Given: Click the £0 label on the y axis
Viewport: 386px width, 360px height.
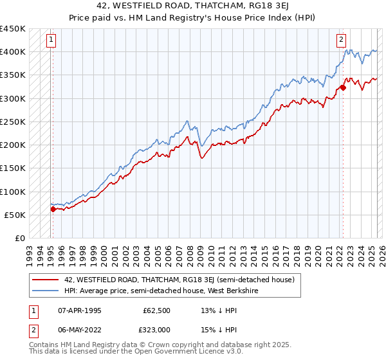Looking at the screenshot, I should point(20,239).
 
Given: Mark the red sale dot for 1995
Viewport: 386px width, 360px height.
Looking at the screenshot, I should point(53,209).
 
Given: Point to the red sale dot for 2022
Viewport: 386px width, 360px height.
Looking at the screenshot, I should point(343,87).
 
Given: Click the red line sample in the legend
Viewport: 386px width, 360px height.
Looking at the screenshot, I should point(46,280).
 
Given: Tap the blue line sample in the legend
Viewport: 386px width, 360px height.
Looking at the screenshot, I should point(46,291).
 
